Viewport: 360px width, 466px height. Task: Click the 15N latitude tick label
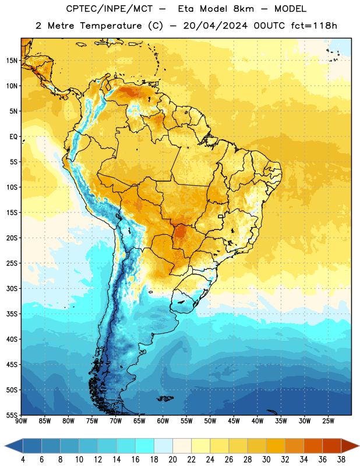12,61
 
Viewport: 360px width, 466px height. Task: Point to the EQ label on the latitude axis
13,137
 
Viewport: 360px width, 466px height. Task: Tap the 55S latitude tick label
12,415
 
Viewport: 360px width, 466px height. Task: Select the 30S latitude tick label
12,288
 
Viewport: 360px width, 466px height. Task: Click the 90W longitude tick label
21,421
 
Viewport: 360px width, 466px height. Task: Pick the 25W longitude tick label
328,421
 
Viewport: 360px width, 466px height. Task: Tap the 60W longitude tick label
163,421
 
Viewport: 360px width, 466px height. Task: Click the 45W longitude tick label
234,421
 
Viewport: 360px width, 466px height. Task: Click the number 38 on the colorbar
341,460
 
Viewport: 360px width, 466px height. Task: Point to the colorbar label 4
23,460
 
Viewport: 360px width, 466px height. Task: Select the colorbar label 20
172,460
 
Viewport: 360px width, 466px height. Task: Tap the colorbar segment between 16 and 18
145,446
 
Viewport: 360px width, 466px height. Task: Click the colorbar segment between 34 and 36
313,446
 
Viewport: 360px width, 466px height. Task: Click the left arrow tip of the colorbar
5,446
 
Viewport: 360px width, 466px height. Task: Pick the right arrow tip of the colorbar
359,446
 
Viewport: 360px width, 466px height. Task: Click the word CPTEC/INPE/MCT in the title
109,9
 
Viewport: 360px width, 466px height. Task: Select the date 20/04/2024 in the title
215,26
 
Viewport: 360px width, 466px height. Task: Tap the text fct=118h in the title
314,26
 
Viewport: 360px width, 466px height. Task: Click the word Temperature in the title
111,26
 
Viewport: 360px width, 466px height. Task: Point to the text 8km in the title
243,9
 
